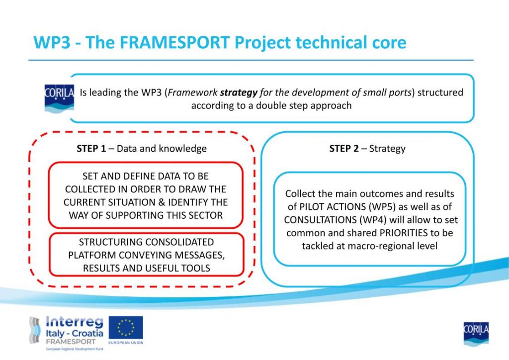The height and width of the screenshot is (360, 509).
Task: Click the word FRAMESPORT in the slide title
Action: [x=175, y=43]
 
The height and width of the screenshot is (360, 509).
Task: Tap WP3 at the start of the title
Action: [x=52, y=43]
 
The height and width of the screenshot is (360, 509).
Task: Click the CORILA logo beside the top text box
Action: [x=59, y=98]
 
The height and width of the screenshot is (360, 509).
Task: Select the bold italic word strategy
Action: [x=239, y=93]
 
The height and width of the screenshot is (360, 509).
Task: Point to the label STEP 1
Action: [x=91, y=148]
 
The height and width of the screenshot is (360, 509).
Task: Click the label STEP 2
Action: [x=344, y=148]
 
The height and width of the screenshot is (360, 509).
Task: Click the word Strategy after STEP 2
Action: [x=387, y=149]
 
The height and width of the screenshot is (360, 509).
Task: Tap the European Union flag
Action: [x=126, y=328]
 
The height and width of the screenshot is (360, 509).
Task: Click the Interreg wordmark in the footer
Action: [x=75, y=322]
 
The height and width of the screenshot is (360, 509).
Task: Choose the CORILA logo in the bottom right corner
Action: [x=476, y=334]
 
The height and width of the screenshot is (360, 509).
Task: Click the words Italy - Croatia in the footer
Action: [x=75, y=333]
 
